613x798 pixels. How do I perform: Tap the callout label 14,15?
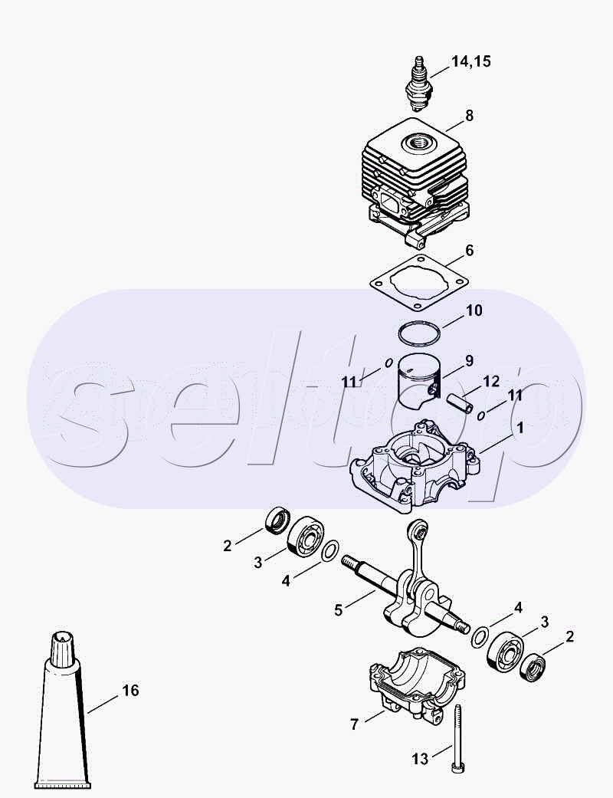pos(471,61)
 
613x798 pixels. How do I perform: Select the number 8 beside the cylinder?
pos(469,116)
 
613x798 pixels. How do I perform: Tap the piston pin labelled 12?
pos(460,402)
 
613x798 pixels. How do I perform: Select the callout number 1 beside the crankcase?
pos(520,428)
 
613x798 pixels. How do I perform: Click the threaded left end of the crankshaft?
pos(350,563)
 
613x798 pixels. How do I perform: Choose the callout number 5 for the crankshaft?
pos(339,609)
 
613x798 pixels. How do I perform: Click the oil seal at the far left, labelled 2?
pos(277,521)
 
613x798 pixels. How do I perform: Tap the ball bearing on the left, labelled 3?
pos(306,537)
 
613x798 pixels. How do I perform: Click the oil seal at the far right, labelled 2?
pos(533,668)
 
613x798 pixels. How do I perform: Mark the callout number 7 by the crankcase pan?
pos(355,724)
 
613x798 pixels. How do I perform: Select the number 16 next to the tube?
pos(130,690)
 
